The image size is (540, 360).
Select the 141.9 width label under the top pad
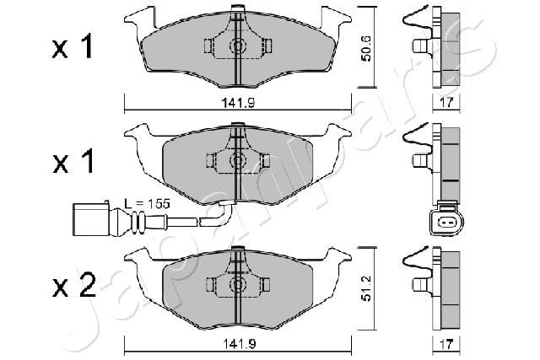[x=238, y=103]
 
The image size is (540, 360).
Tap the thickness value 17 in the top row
[x=446, y=103]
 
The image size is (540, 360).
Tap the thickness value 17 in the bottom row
[x=446, y=343]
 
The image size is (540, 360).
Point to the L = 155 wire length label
[x=147, y=204]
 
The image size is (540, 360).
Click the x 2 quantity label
[x=73, y=287]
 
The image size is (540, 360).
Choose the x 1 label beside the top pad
[x=73, y=46]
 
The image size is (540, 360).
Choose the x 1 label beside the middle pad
[x=73, y=161]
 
